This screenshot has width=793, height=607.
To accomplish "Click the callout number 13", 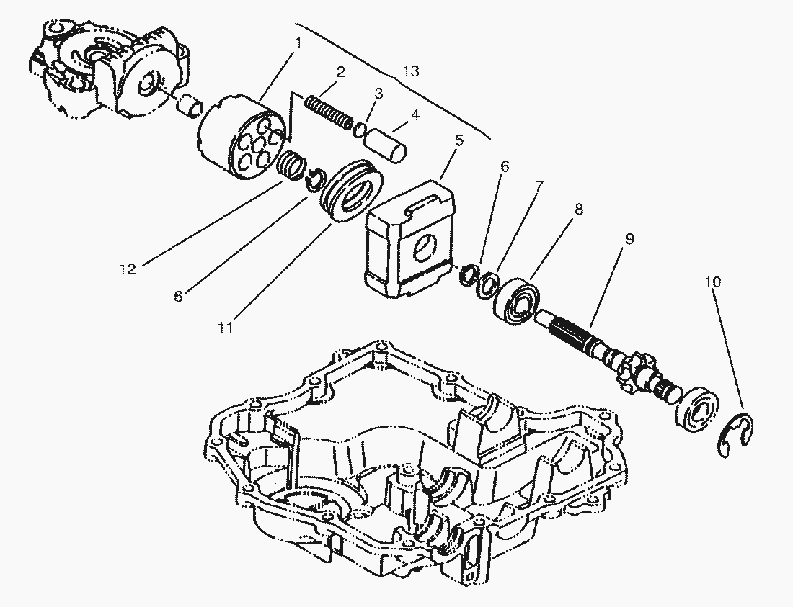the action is pos(411,71).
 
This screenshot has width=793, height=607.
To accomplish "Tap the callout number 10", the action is pos(712,282).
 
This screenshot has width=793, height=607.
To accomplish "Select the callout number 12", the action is pos(128,269).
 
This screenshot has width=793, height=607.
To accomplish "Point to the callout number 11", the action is pos(225,328).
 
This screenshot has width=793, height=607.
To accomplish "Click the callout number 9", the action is pos(629,238).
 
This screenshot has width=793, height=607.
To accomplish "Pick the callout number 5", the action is pos(458,140).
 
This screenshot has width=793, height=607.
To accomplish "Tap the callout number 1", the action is pos(298,42).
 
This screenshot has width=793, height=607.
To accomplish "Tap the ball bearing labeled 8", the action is pos(518,301).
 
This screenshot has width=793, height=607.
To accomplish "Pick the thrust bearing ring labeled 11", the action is pos(350,190).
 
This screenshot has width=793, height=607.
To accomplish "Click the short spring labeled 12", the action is pos(292,164).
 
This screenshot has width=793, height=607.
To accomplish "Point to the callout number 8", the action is pos(579,209).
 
